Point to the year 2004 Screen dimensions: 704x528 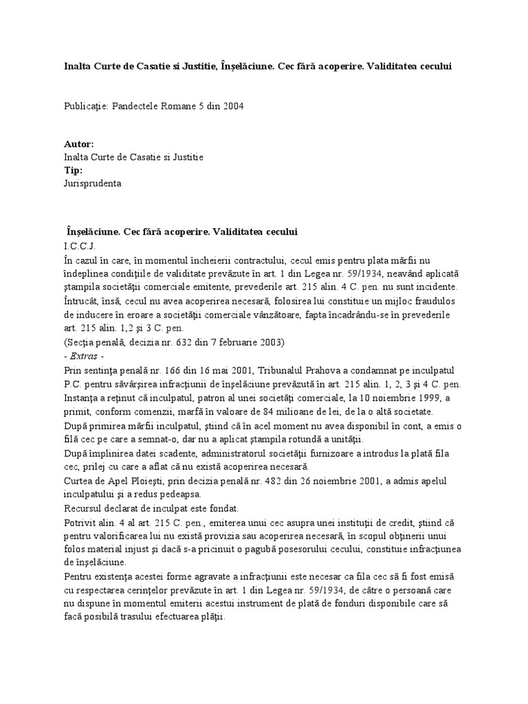tap(232, 107)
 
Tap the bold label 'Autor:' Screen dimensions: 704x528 tap(78, 144)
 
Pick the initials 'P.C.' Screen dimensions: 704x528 tap(74, 385)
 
